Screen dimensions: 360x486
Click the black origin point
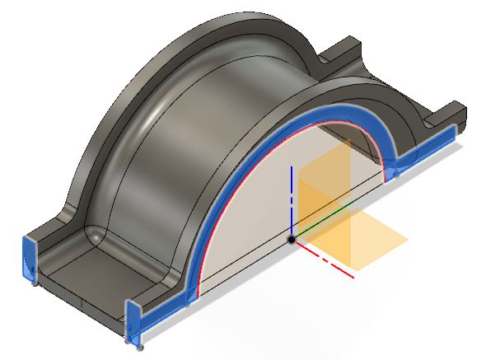292,239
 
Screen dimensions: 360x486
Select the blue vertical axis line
292,198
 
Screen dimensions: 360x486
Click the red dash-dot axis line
329,262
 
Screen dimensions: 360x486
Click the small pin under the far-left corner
33,284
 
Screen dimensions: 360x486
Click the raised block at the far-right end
449,115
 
